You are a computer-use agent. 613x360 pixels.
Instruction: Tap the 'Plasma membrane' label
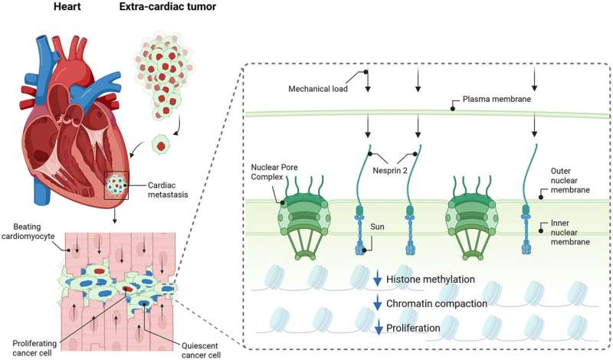pyautogui.click(x=496, y=100)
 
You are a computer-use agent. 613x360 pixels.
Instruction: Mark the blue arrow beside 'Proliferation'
pyautogui.click(x=377, y=329)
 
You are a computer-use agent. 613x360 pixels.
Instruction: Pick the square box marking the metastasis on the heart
pyautogui.click(x=116, y=185)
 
